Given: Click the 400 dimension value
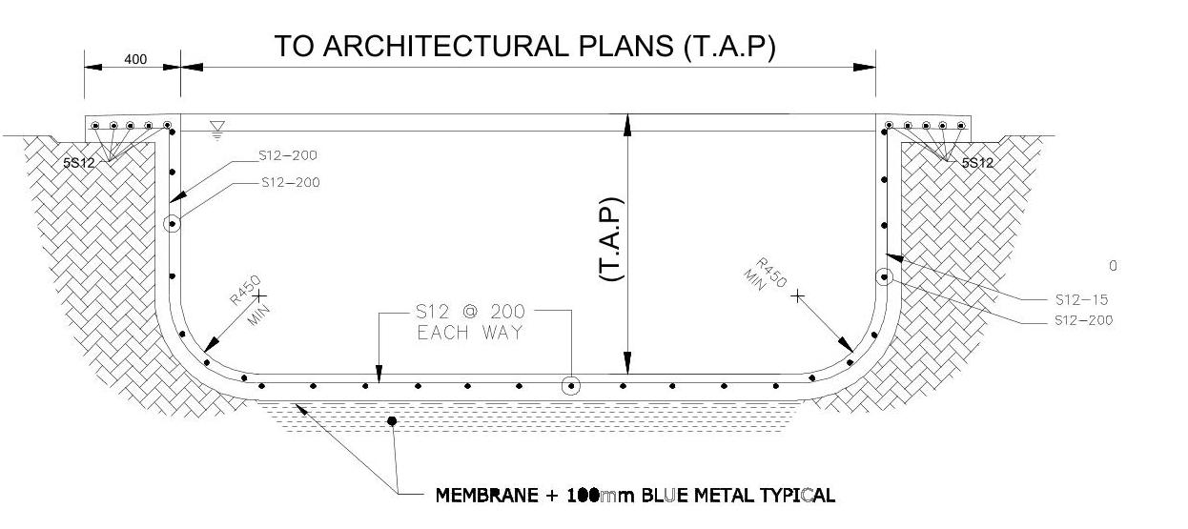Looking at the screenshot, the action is tap(135, 59).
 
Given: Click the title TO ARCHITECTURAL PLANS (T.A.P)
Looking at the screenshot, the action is tap(524, 47).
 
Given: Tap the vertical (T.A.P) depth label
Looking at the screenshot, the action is tap(610, 239).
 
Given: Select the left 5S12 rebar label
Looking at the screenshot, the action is tap(79, 163).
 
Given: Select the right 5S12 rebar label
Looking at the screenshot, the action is tap(977, 163).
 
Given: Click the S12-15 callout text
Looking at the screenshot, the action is tap(1081, 299).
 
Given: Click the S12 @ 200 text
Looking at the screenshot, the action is tap(469, 312).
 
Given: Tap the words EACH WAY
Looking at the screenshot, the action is tap(469, 334).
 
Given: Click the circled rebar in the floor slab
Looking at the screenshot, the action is tap(570, 386).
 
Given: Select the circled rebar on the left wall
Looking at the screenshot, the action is tap(172, 225).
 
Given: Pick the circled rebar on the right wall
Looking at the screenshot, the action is tap(884, 276).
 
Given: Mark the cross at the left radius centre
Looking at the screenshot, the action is tap(258, 296).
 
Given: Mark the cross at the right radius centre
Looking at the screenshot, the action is tap(798, 296).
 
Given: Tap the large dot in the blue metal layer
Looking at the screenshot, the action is tap(392, 420).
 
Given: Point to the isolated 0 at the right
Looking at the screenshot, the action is tap(1113, 266).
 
